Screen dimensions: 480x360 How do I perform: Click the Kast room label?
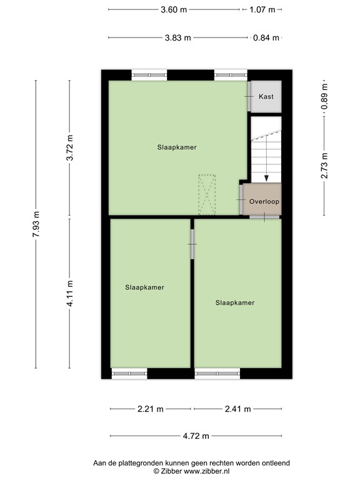pos(266,97)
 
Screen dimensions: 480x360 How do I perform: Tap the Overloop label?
pos(264,202)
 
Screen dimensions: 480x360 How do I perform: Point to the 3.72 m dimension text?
pos(71,149)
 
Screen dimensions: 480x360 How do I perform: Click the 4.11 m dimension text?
pos(71,293)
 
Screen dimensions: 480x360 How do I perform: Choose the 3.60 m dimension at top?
pos(173,9)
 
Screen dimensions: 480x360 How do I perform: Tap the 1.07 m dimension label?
pos(262,9)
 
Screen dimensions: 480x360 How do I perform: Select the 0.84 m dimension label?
pos(266,37)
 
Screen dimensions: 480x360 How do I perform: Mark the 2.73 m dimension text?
pos(324,166)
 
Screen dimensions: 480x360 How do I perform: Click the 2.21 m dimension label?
pos(151,409)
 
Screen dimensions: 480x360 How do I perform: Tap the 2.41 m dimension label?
pos(237,409)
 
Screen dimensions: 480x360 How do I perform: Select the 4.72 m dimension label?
pos(196,436)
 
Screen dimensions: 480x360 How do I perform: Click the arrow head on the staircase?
pos(267,177)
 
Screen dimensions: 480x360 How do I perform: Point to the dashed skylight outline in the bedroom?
pos(206,194)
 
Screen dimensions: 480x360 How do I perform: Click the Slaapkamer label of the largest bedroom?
pos(177,147)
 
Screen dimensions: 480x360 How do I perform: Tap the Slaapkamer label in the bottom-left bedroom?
pos(144,287)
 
